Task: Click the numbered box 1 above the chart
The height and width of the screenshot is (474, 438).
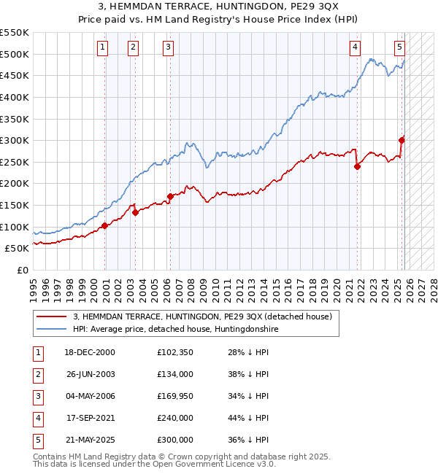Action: pyautogui.click(x=102, y=47)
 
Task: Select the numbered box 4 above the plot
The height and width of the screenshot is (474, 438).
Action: pyautogui.click(x=355, y=47)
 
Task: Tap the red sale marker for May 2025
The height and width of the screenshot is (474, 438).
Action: pyautogui.click(x=402, y=140)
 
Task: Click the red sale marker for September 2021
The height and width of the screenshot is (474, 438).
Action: pyautogui.click(x=358, y=166)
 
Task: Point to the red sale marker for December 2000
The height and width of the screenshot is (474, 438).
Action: pyautogui.click(x=105, y=225)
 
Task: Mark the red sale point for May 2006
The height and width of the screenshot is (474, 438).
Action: pyautogui.click(x=170, y=196)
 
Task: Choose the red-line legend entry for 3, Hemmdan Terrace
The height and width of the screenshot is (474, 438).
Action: pyautogui.click(x=202, y=316)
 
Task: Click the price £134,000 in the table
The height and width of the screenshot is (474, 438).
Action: pyautogui.click(x=174, y=374)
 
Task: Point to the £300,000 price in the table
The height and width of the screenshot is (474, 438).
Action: pyautogui.click(x=174, y=440)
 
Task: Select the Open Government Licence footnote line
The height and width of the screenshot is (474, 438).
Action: pyautogui.click(x=155, y=464)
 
